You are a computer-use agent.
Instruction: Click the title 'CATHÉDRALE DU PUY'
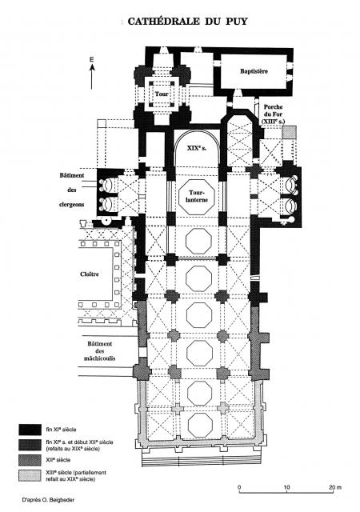tap(187, 22)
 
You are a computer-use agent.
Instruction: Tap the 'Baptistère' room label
tap(254, 71)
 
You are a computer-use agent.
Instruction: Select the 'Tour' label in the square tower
tap(162, 94)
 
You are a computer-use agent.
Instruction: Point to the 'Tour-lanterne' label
tap(197, 196)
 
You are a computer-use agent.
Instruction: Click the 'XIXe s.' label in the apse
tap(197, 148)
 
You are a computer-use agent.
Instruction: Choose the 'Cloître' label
tap(89, 274)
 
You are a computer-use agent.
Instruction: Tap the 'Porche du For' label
tap(273, 114)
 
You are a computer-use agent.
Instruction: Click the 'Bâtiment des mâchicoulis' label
tap(100, 351)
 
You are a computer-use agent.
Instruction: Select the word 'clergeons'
tap(71, 205)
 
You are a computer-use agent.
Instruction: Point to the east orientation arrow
tap(92, 77)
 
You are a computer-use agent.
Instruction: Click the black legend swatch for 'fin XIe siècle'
tap(30, 430)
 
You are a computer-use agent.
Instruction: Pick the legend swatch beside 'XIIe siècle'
tap(30, 460)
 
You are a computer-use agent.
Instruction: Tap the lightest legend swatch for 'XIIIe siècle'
tap(30, 475)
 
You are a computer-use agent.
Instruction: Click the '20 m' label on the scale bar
tap(334, 487)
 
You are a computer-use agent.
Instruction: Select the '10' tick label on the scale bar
tap(286, 487)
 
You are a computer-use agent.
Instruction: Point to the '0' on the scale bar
tap(239, 487)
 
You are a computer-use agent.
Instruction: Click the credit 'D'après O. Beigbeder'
tap(48, 499)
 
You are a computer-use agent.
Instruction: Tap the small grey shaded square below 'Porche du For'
tap(290, 132)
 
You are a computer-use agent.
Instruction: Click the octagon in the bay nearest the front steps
tap(200, 425)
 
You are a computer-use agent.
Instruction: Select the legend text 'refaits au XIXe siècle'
tap(73, 449)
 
